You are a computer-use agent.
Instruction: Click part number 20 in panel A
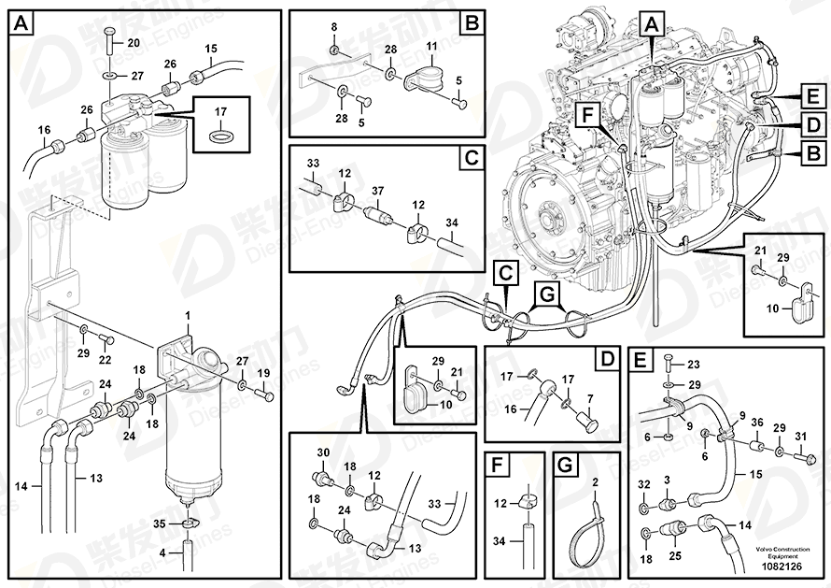pos(133,43)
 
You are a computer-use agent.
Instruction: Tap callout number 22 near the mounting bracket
pos(105,361)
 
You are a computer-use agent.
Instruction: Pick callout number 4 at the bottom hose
pos(163,553)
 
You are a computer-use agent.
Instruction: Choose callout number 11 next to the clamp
pos(431,46)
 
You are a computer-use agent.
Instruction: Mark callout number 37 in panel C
pos(377,191)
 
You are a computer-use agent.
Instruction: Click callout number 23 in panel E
pos(693,365)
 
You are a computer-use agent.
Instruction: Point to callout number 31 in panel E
pos(799,437)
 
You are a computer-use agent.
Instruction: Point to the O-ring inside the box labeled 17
pos(220,136)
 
